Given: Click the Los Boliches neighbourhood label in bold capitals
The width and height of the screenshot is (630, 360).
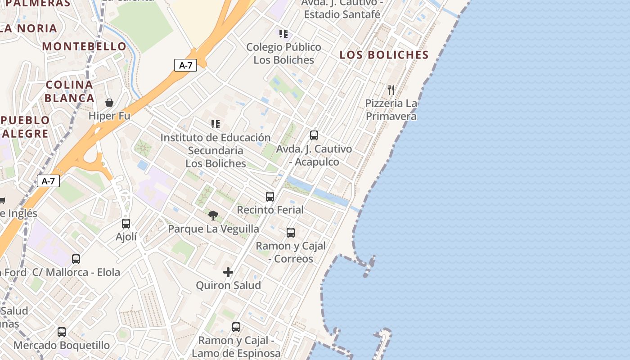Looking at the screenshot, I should [x=384, y=55].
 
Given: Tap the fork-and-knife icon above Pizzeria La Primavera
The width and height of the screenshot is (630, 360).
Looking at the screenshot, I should [x=391, y=90].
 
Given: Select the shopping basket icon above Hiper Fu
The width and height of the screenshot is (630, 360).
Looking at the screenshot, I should [x=109, y=103].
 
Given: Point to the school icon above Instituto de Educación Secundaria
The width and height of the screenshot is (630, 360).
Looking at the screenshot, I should [x=216, y=124].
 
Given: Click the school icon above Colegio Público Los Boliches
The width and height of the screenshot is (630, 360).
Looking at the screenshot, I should [x=283, y=33].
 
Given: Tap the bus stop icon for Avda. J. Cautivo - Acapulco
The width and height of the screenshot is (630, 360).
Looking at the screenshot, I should [x=314, y=135].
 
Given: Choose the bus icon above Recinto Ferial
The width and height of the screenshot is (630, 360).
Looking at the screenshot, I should [x=270, y=196].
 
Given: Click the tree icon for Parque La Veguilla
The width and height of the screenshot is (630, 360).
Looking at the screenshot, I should [x=213, y=215].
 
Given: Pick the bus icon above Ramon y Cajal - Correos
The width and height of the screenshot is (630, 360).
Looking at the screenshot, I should [x=291, y=232].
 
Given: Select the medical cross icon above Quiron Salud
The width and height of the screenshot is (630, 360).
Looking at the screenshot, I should [x=228, y=272].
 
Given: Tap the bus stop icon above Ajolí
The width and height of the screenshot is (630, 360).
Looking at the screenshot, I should [x=126, y=223].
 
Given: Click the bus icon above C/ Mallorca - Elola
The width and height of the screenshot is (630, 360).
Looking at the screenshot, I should [x=76, y=259].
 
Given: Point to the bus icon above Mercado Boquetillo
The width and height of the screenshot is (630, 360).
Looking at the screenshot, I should [x=62, y=332].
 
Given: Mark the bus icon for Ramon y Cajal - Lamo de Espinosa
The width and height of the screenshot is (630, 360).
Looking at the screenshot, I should [x=236, y=327].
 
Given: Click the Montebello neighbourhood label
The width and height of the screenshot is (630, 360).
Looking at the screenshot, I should [x=85, y=46].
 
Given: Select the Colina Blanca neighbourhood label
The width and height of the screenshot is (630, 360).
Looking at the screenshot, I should [x=69, y=91].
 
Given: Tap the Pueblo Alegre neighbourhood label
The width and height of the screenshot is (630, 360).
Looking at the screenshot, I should [x=25, y=127].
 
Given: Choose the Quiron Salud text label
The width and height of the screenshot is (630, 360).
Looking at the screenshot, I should [x=228, y=285].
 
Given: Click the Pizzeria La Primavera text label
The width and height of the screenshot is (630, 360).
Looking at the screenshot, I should [x=391, y=110].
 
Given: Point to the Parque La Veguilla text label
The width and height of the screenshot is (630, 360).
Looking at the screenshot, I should [x=213, y=229].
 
